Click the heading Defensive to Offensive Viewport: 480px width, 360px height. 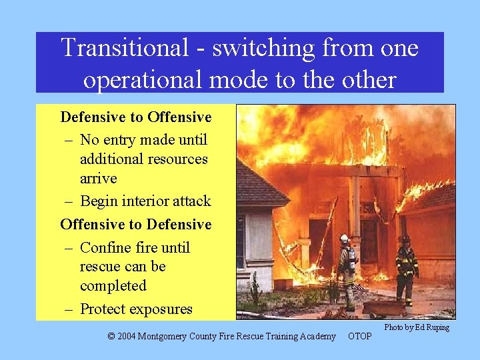[136, 117]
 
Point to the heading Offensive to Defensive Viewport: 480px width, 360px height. [136, 225]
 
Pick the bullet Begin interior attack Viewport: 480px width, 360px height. [145, 201]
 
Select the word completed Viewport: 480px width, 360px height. [113, 285]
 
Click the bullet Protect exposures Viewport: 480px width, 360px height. [136, 309]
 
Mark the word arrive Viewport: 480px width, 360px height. [98, 179]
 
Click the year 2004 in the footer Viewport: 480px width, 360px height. [129, 337]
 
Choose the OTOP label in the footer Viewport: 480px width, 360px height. [360, 337]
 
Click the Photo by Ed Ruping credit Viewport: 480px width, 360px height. [417, 327]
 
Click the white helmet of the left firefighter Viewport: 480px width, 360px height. [345, 238]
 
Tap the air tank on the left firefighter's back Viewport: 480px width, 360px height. [351, 259]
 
